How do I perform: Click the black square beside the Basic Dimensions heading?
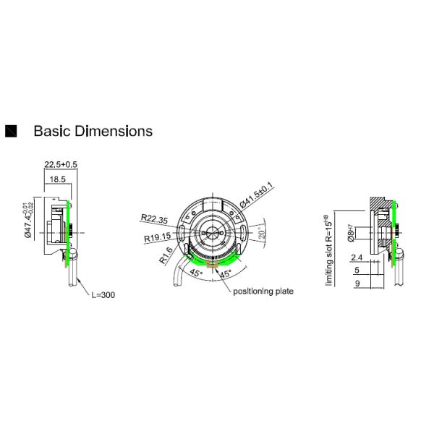point(11,131)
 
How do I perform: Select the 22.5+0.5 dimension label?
point(61,164)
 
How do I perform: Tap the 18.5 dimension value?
point(58,178)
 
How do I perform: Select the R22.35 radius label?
point(154,218)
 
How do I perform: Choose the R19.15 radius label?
point(158,237)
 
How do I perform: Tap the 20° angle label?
point(262,234)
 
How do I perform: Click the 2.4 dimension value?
point(356,258)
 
